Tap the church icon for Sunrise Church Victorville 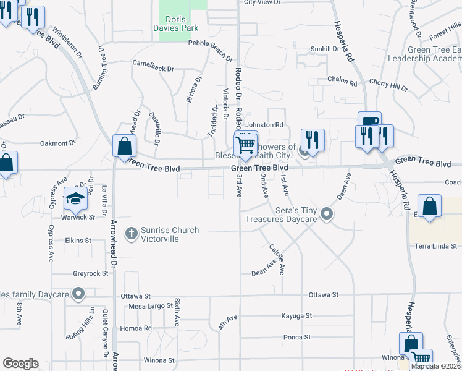coord(131,233)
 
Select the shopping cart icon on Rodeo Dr coord(246,145)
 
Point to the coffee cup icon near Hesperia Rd coord(369,122)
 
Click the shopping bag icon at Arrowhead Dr coord(124,147)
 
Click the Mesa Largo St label coord(151,306)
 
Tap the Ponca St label coord(296,337)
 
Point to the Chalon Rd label coord(343,80)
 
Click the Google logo coord(20,364)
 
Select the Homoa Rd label coord(136,328)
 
